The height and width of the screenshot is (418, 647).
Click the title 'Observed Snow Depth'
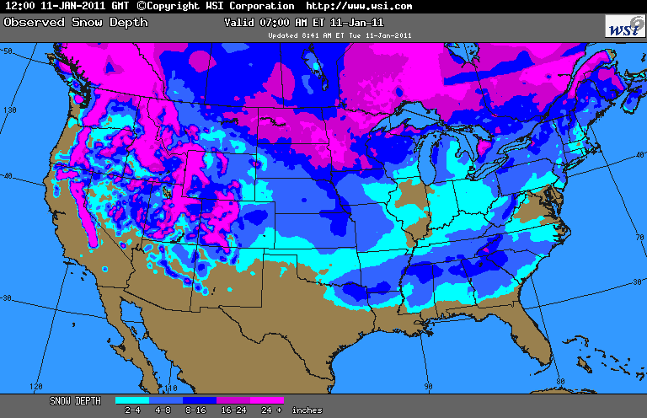pyautogui.click(x=58, y=22)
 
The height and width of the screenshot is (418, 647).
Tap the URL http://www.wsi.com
pyautogui.click(x=358, y=6)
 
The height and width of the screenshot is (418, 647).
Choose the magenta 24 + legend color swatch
pyautogui.click(x=267, y=401)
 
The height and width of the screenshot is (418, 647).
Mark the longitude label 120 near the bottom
pyautogui.click(x=36, y=386)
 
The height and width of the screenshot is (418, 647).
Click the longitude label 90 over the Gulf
pyautogui.click(x=428, y=386)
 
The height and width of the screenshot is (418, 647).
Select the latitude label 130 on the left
pyautogui.click(x=10, y=110)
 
